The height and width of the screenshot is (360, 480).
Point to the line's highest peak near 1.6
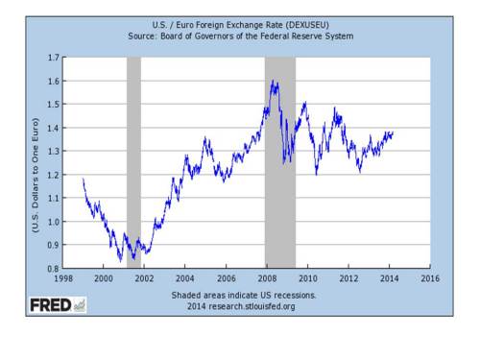pos(276,82)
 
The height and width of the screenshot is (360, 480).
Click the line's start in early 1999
pos(84,180)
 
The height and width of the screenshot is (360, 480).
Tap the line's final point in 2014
pos(393,132)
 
